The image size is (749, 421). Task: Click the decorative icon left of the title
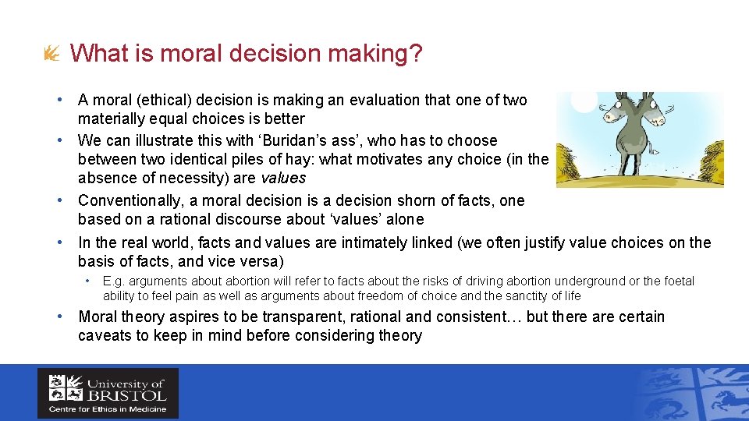tap(51, 54)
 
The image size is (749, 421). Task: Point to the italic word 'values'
tap(282, 178)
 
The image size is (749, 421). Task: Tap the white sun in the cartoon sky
tap(584, 100)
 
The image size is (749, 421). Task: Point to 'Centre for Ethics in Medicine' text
tap(107, 409)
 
